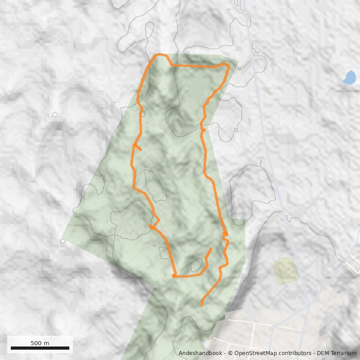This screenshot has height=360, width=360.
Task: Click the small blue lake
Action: click(349, 78)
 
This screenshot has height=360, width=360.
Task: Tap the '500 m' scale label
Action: click(40, 343)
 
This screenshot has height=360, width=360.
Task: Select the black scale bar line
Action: click(40, 348)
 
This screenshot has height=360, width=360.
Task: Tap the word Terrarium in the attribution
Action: click(343, 353)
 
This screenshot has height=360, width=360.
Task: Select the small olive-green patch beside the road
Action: click(286, 270)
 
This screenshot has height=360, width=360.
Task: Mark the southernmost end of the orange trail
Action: click(201, 306)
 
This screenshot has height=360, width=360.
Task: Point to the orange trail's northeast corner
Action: click(229, 66)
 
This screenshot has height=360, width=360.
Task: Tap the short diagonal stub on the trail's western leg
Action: click(139, 148)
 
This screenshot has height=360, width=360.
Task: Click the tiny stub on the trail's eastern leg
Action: click(204, 130)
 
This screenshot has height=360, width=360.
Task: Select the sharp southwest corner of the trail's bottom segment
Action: click(174, 276)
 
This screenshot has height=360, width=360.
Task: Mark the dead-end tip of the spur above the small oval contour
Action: click(211, 248)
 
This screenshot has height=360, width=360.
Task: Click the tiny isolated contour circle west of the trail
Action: click(55, 115)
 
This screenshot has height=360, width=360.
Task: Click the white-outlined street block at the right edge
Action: click(354, 265)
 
